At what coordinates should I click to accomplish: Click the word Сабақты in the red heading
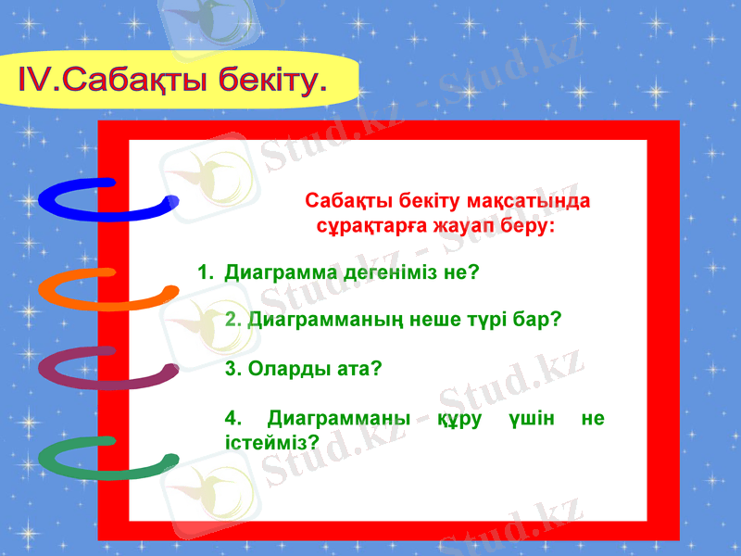[342, 201]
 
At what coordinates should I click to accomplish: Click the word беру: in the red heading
[527, 225]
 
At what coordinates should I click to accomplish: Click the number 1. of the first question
[206, 273]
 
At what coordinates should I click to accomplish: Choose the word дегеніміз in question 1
[390, 273]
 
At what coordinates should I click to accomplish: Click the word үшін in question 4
[531, 419]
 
